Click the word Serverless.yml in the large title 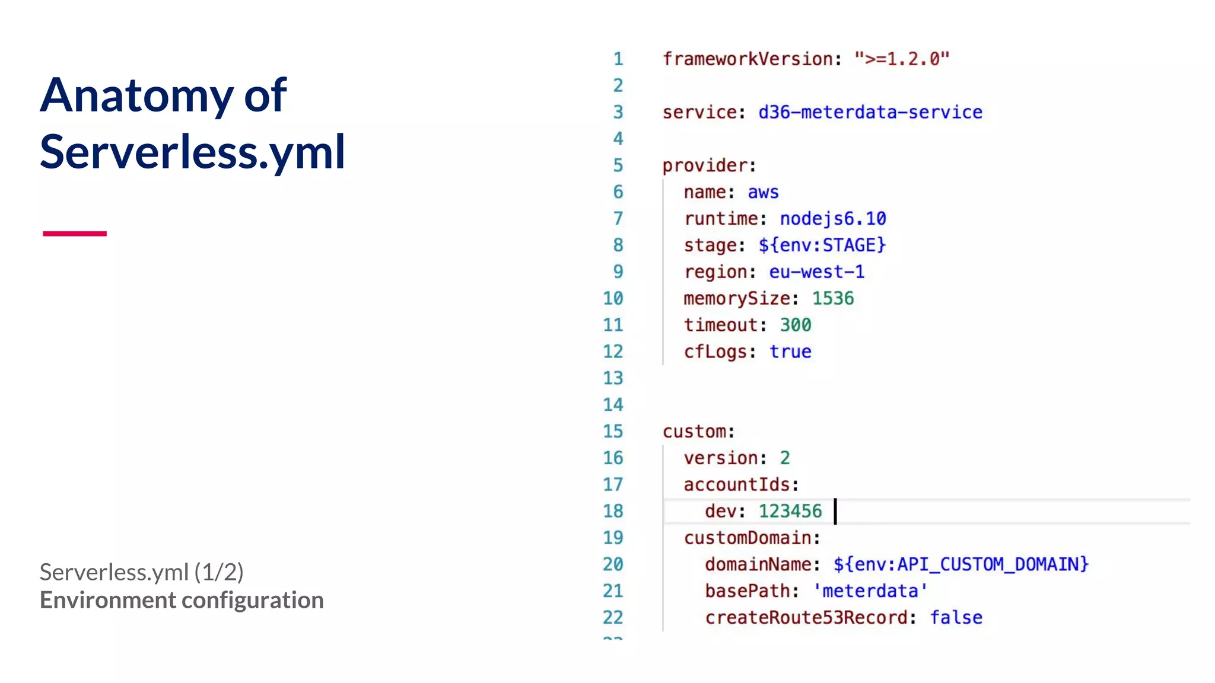pyautogui.click(x=192, y=152)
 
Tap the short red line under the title pyautogui.click(x=75, y=234)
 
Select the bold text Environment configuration pyautogui.click(x=182, y=600)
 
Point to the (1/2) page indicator pyautogui.click(x=219, y=572)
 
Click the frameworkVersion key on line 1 pyautogui.click(x=747, y=59)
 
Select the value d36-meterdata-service pyautogui.click(x=870, y=112)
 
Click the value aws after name pyautogui.click(x=763, y=192)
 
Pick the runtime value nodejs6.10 pyautogui.click(x=832, y=219)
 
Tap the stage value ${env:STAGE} pyautogui.click(x=822, y=245)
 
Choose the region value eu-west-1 pyautogui.click(x=816, y=272)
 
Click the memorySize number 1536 pyautogui.click(x=832, y=298)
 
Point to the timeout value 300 pyautogui.click(x=795, y=325)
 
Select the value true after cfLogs pyautogui.click(x=790, y=352)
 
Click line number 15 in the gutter pyautogui.click(x=613, y=431)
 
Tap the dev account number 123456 pyautogui.click(x=790, y=511)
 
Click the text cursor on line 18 pyautogui.click(x=835, y=511)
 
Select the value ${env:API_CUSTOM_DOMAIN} pyautogui.click(x=960, y=564)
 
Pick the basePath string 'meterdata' pyautogui.click(x=870, y=591)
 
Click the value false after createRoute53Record pyautogui.click(x=955, y=617)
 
